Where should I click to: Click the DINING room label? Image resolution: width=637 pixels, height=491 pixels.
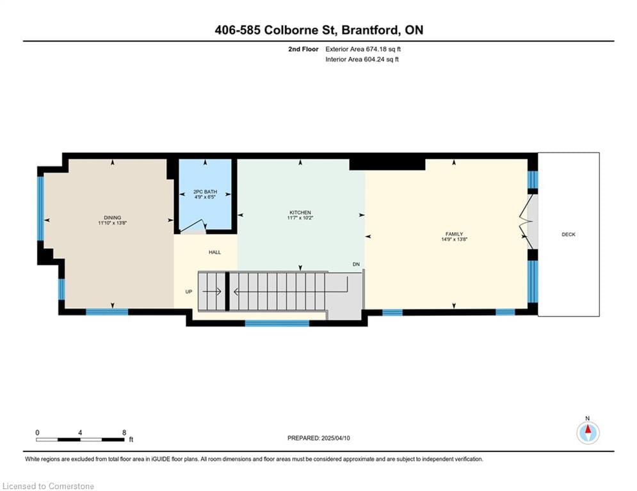pyautogui.click(x=113, y=217)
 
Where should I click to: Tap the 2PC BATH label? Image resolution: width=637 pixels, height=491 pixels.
pyautogui.click(x=205, y=192)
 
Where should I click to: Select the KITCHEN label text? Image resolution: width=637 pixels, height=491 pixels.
pyautogui.click(x=300, y=213)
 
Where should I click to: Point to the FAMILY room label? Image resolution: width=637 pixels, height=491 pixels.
pyautogui.click(x=454, y=234)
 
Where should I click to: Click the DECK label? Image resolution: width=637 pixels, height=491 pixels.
pyautogui.click(x=568, y=234)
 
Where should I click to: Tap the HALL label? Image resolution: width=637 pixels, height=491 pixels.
pyautogui.click(x=215, y=253)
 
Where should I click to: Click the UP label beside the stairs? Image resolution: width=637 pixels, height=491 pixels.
pyautogui.click(x=188, y=292)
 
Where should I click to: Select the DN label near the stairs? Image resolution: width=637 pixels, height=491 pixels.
pyautogui.click(x=357, y=264)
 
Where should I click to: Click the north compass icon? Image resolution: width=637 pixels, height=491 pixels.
pyautogui.click(x=588, y=433)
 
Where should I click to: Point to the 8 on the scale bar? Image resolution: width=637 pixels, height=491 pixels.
pyautogui.click(x=124, y=433)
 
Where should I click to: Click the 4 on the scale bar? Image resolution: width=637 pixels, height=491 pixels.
pyautogui.click(x=80, y=433)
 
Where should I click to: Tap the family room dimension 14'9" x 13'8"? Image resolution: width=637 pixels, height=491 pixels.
pyautogui.click(x=454, y=239)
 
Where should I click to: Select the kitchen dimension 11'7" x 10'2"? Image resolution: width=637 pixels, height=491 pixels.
pyautogui.click(x=300, y=218)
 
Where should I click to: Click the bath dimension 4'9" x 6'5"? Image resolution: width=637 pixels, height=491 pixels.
pyautogui.click(x=205, y=197)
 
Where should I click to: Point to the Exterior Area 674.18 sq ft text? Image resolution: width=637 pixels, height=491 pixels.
pyautogui.click(x=363, y=49)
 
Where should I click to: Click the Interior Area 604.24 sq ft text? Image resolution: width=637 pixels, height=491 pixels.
pyautogui.click(x=362, y=59)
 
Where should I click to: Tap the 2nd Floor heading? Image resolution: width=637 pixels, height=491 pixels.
pyautogui.click(x=303, y=49)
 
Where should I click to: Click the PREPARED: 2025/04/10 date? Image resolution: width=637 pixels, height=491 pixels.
pyautogui.click(x=319, y=438)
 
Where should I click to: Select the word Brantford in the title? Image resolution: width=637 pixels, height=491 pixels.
pyautogui.click(x=371, y=30)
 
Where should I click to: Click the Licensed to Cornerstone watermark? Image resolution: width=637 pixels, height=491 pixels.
pyautogui.click(x=49, y=486)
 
